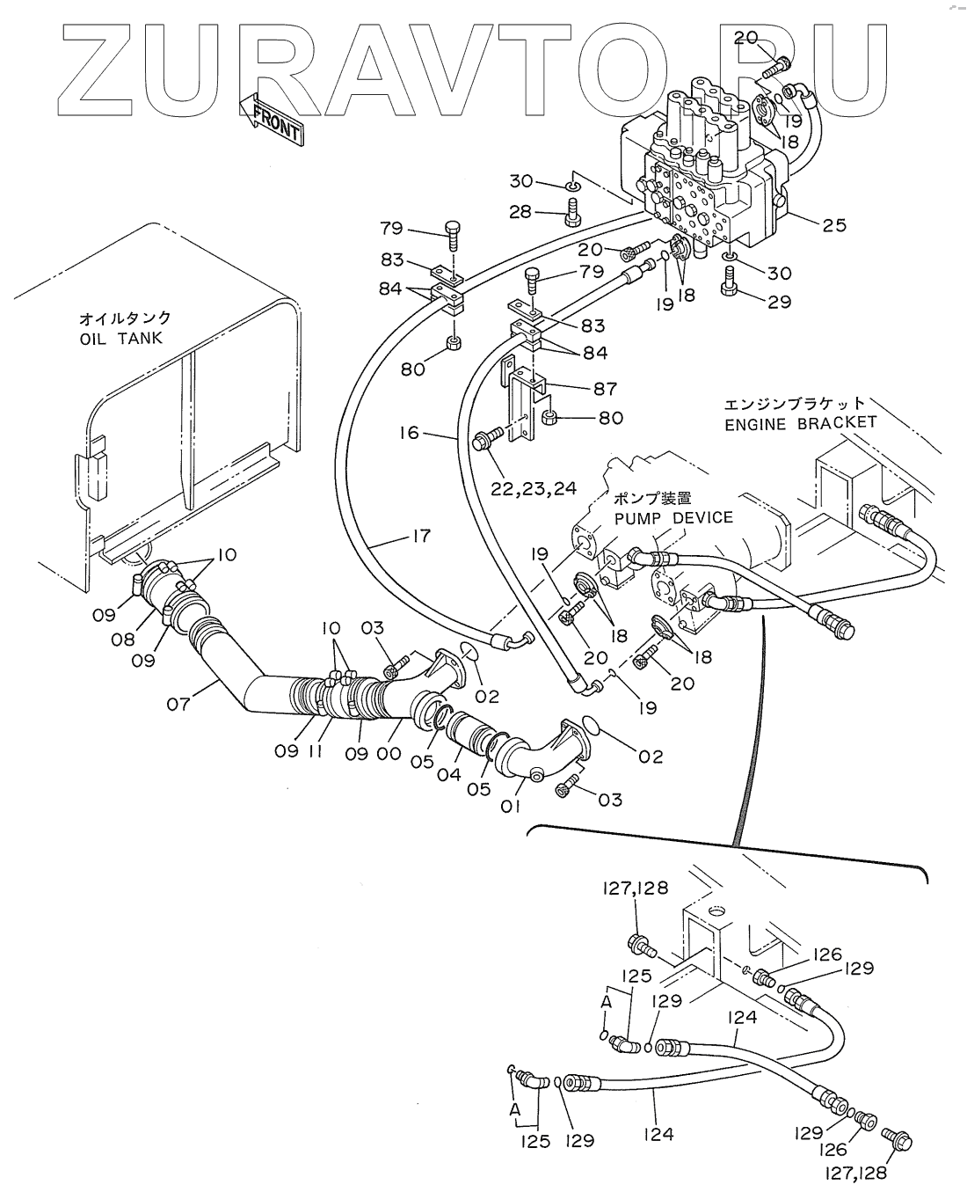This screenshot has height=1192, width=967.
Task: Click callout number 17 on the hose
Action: point(419,535)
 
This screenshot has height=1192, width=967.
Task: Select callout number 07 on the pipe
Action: point(178,703)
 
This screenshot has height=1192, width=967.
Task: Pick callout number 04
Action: point(449,774)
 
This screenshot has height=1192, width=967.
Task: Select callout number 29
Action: point(779,302)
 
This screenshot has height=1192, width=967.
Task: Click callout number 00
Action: point(389,753)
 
